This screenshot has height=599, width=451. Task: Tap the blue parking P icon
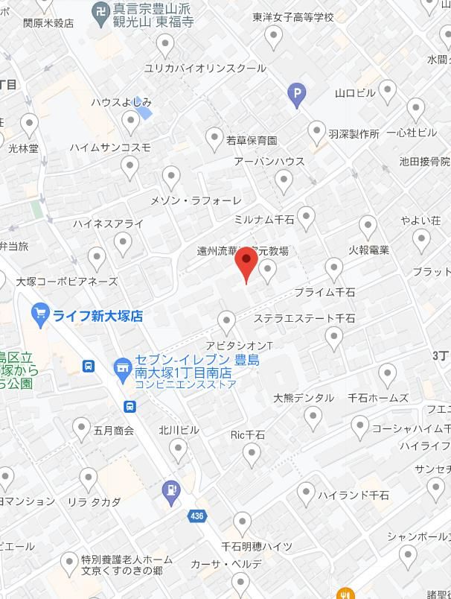click(x=296, y=93)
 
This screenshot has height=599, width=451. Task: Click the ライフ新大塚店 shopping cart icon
click(x=41, y=314)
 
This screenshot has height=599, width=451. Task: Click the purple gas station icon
click(x=172, y=491)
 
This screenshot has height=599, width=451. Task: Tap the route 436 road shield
click(x=196, y=515)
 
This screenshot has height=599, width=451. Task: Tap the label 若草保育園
click(x=252, y=140)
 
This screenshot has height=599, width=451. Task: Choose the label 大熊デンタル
click(x=304, y=398)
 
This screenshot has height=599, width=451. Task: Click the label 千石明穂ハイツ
click(x=257, y=546)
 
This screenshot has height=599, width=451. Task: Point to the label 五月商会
click(x=114, y=430)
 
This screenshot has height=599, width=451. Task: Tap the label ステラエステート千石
click(x=304, y=318)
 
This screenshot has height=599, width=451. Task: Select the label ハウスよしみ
click(x=121, y=102)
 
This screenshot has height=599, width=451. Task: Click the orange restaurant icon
click(x=344, y=594)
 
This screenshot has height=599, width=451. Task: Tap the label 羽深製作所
click(x=354, y=135)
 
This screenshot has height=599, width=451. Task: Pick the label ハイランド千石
click(x=354, y=495)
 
